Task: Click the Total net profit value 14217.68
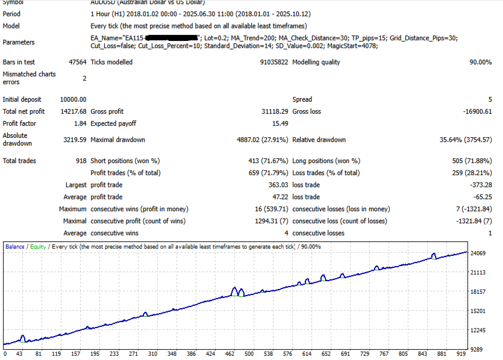73,111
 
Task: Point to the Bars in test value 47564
78,62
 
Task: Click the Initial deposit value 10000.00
73,99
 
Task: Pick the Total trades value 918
80,161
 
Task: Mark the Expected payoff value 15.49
280,123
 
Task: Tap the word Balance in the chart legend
15,247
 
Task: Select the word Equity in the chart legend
38,247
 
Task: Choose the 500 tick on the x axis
249,354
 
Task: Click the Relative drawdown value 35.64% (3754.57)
466,140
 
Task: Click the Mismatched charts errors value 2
84,78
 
